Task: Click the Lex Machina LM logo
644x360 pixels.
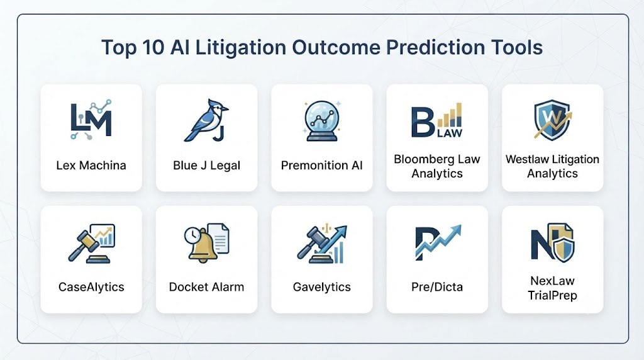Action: [x=91, y=120]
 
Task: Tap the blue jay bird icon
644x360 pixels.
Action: [x=206, y=120]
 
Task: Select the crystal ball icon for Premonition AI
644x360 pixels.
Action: [x=322, y=121]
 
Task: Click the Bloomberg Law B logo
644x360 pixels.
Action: [x=437, y=120]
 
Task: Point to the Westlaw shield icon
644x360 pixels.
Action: [x=552, y=120]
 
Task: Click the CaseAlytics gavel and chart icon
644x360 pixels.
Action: [x=91, y=244]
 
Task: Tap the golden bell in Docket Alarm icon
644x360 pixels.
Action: [x=203, y=245]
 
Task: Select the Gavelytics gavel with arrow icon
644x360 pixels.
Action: [x=322, y=244]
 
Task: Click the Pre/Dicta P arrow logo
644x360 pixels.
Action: [x=438, y=242]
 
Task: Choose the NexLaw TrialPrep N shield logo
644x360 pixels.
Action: [x=552, y=242]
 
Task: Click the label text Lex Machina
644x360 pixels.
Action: [x=91, y=165]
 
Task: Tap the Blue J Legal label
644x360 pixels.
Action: [x=206, y=165]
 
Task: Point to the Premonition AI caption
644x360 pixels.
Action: [x=322, y=165]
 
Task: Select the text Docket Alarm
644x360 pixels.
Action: [x=206, y=287]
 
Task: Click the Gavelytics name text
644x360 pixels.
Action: [x=322, y=287]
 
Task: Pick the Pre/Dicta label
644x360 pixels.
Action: [x=437, y=287]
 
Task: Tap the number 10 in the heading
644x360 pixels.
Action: [x=153, y=47]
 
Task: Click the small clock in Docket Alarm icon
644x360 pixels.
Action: [x=192, y=235]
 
